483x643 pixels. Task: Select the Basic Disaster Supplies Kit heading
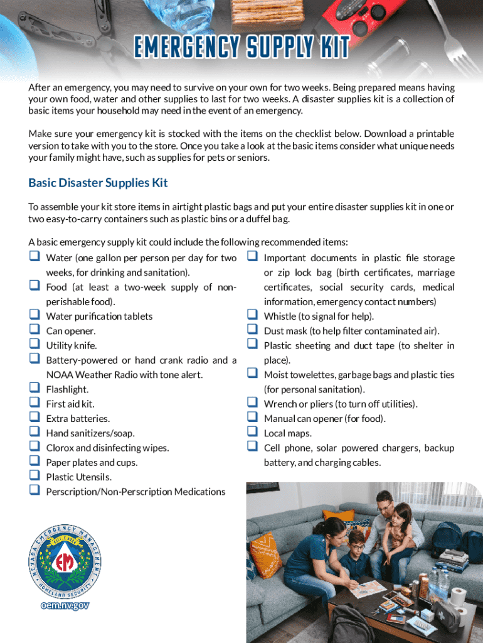coord(98,183)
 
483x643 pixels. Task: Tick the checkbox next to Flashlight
coord(33,388)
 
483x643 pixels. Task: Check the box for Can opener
coord(33,330)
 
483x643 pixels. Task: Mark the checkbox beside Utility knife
coord(33,344)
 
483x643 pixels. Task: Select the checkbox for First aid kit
coord(33,403)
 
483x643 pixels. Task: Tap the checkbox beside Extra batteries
coord(33,417)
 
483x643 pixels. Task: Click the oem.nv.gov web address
coord(64,605)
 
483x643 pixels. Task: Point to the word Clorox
coord(61,448)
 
